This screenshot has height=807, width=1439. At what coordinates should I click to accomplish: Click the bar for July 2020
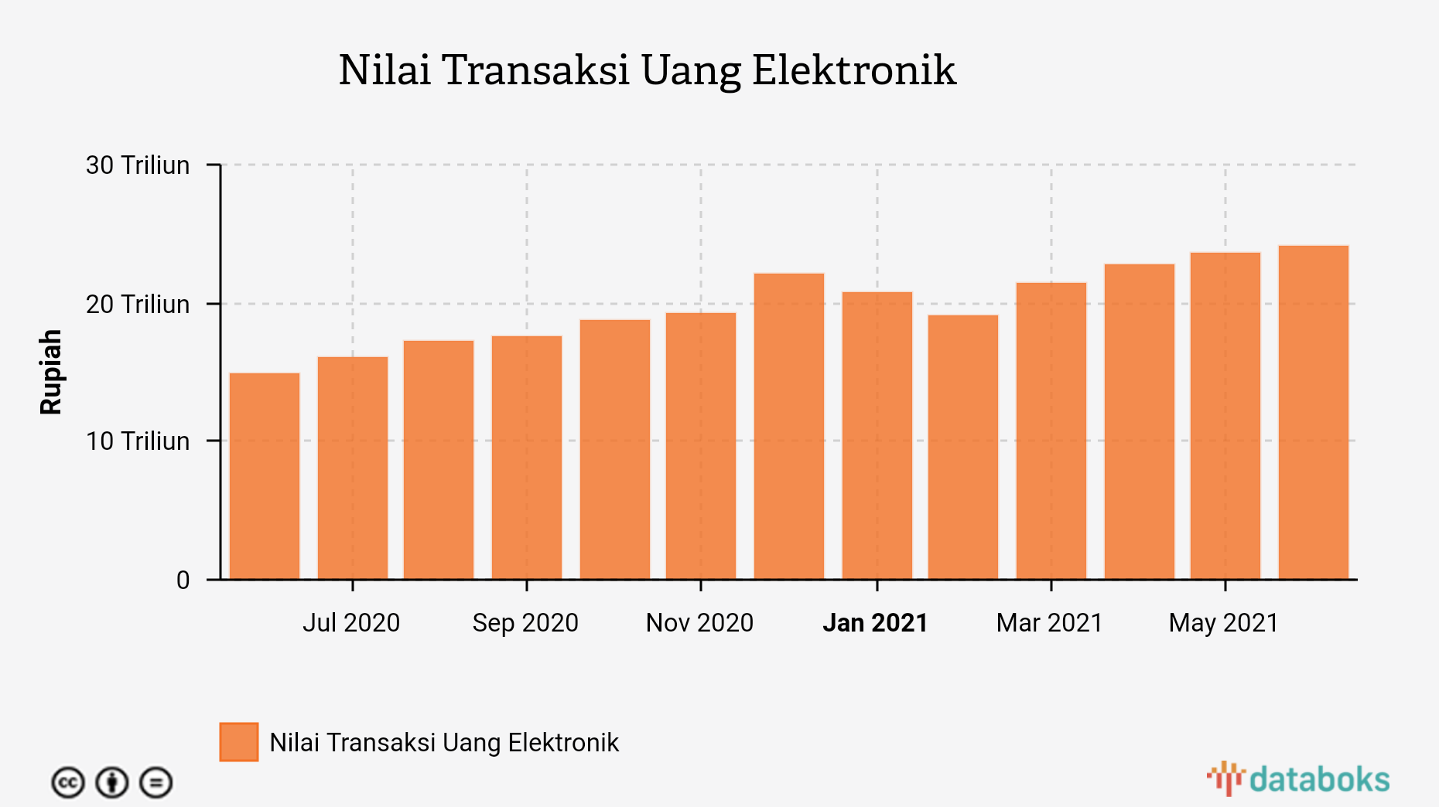(353, 468)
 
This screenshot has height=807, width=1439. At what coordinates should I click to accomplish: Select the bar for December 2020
(789, 426)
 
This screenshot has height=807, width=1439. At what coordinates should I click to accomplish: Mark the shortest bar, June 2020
(265, 476)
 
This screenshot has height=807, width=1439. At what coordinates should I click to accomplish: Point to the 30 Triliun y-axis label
(138, 165)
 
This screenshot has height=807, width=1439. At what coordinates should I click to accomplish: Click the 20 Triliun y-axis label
(138, 305)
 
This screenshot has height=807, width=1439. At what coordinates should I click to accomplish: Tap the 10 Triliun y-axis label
(138, 441)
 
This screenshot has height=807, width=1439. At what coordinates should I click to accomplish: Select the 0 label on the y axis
(183, 580)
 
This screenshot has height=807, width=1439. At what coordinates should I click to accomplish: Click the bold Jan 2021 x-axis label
(875, 623)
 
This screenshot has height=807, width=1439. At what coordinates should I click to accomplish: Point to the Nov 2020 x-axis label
(699, 623)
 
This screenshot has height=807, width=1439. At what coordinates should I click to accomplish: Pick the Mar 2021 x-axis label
(1049, 623)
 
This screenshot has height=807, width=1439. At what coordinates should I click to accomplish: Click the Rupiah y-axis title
(51, 372)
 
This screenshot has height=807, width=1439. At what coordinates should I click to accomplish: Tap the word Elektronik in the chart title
(854, 70)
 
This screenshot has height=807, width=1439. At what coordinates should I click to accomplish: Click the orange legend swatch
(239, 742)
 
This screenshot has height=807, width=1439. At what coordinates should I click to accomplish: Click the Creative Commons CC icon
(68, 783)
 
